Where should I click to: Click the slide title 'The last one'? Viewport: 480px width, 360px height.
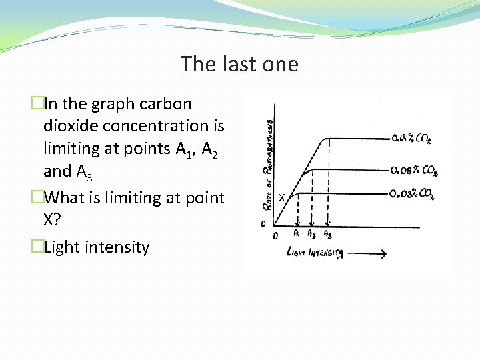[x=239, y=65]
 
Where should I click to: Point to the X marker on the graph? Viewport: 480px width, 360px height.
[x=281, y=197]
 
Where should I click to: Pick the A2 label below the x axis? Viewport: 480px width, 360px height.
[x=311, y=235]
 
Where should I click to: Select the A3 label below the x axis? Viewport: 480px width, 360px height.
[x=327, y=235]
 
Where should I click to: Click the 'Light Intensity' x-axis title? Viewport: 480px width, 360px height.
[x=315, y=253]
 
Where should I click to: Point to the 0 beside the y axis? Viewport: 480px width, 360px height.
[x=263, y=223]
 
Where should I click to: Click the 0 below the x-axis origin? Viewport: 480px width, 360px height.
[x=276, y=235]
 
